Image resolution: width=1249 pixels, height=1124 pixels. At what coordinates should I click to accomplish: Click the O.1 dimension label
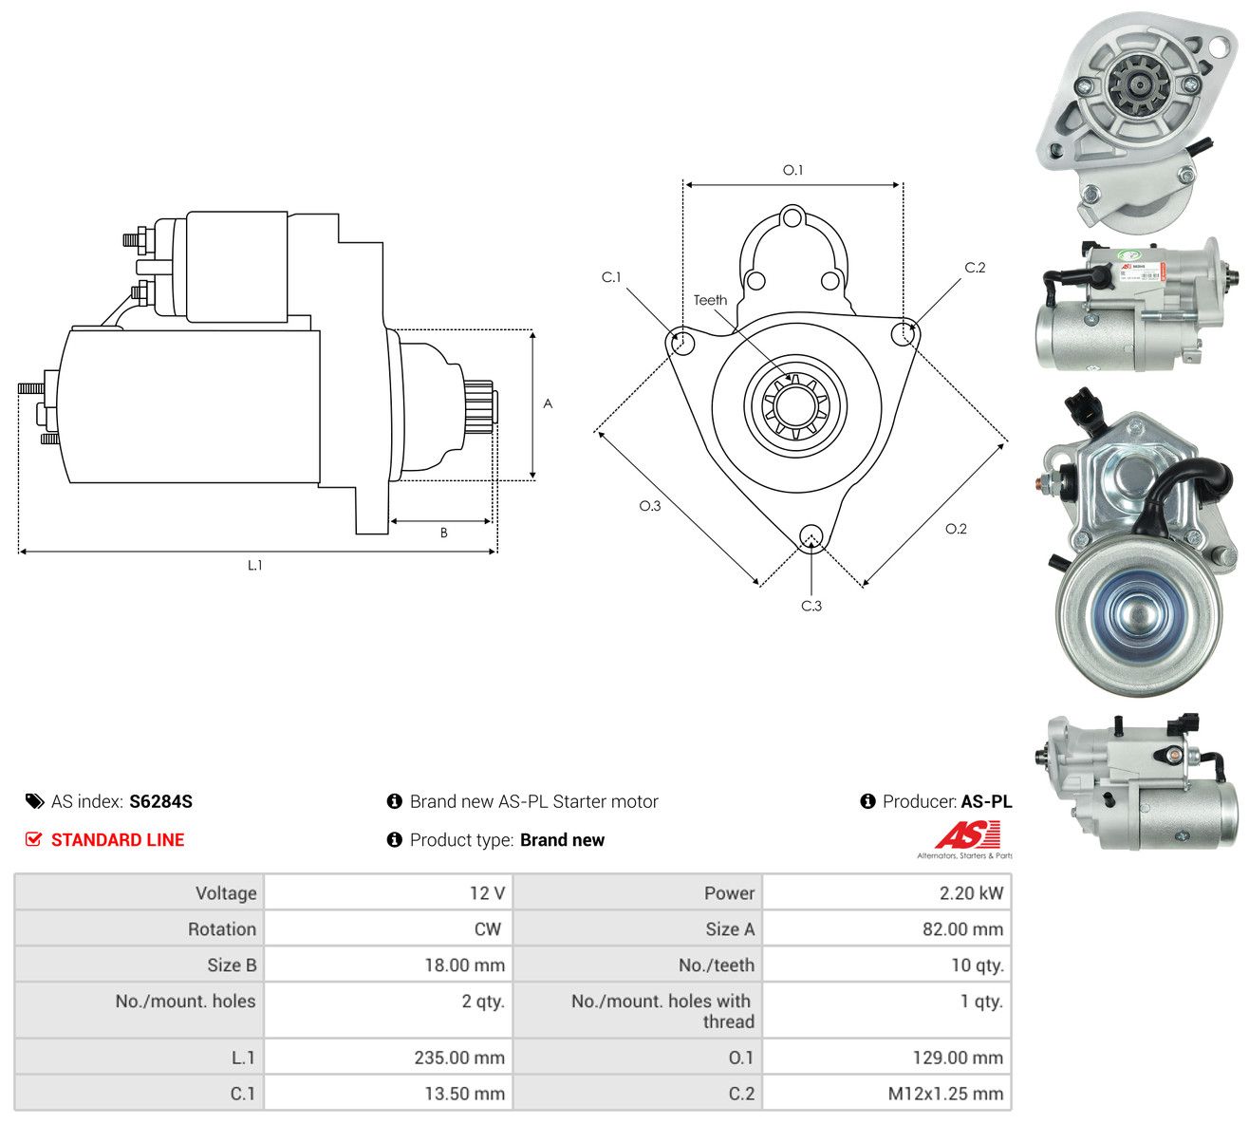[x=792, y=170]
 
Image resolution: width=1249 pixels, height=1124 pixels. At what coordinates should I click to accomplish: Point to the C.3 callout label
[x=811, y=606]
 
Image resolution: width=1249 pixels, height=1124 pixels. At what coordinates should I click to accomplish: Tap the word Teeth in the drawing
[x=711, y=300]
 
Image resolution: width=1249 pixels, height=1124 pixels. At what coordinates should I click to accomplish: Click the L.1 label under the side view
[x=254, y=565]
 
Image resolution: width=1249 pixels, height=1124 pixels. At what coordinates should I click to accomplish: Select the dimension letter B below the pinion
[x=444, y=533]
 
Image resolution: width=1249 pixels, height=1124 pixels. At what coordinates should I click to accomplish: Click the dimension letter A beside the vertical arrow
[x=548, y=403]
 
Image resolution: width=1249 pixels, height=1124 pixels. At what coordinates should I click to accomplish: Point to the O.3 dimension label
[x=650, y=506]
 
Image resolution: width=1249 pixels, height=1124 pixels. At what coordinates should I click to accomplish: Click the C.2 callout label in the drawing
[x=975, y=268]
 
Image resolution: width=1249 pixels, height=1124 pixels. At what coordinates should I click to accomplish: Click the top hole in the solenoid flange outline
[x=792, y=218]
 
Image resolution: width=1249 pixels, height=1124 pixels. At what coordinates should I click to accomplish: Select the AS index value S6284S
[x=160, y=801]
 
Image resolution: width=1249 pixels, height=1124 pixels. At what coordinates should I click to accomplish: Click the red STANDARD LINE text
[x=118, y=840]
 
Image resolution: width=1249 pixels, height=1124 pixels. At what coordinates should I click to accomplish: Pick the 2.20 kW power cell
[x=886, y=893]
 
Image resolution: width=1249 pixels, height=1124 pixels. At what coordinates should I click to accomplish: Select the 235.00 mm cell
[x=388, y=1058]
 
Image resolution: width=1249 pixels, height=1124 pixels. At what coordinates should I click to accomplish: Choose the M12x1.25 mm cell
[x=886, y=1094]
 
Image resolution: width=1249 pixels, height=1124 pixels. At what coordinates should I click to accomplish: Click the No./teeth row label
[x=716, y=965]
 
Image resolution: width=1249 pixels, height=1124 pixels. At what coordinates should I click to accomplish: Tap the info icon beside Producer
[x=868, y=801]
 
